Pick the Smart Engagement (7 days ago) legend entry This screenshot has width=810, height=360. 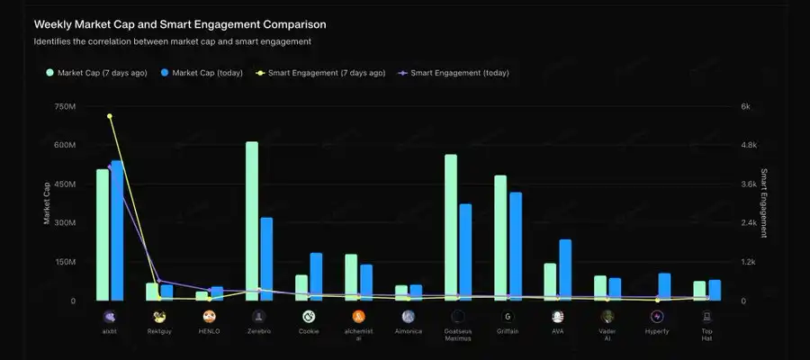(321, 73)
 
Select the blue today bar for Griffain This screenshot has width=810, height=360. (516, 246)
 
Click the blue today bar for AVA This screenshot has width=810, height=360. (565, 269)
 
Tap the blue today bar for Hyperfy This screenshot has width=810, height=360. (664, 286)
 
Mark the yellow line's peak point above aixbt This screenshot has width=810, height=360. (110, 116)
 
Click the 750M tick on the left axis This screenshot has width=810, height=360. (65, 106)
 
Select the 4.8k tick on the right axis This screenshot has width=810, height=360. (750, 145)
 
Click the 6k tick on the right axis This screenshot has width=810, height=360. (745, 106)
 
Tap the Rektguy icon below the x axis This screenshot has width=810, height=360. (159, 316)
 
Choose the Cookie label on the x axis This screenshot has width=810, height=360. (308, 331)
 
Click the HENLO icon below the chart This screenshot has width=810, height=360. (209, 316)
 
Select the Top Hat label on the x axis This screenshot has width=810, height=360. (706, 335)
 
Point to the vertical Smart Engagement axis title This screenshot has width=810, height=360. (764, 202)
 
